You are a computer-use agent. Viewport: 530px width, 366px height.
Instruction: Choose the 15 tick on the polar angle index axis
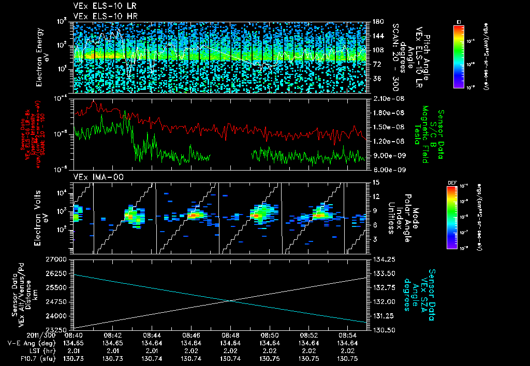(375, 182)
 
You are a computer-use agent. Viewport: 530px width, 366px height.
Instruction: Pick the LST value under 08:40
(73, 350)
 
